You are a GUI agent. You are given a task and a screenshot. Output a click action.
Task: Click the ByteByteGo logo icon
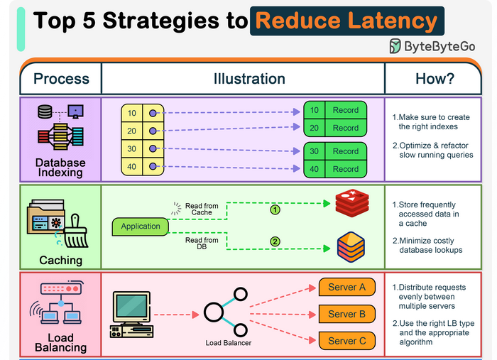tap(395, 47)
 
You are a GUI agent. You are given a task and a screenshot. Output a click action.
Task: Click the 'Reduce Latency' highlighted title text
tap(347, 20)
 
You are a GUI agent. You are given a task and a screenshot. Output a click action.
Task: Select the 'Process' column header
tap(61, 79)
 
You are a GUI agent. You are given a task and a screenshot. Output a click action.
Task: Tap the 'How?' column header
tap(434, 79)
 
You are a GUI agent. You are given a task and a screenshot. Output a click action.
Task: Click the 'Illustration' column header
tap(249, 79)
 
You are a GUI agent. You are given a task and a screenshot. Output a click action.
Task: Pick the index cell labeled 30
tap(132, 149)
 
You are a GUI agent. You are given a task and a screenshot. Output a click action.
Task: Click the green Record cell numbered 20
tap(335, 128)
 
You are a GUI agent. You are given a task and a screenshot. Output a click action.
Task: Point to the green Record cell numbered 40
tap(335, 169)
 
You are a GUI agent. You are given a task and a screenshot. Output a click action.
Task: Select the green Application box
tap(141, 227)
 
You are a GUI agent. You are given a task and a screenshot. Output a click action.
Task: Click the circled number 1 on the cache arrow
tap(275, 209)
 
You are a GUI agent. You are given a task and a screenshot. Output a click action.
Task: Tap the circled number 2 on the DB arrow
tap(275, 241)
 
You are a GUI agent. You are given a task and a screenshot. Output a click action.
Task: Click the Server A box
tap(346, 288)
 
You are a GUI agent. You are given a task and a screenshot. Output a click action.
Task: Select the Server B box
tap(346, 314)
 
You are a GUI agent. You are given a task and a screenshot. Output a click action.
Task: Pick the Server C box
tap(346, 341)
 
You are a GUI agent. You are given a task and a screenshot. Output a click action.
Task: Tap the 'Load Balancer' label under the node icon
tap(229, 343)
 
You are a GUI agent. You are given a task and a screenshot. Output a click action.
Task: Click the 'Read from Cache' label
tap(202, 209)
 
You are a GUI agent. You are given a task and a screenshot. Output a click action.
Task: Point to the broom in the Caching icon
tap(76, 231)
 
